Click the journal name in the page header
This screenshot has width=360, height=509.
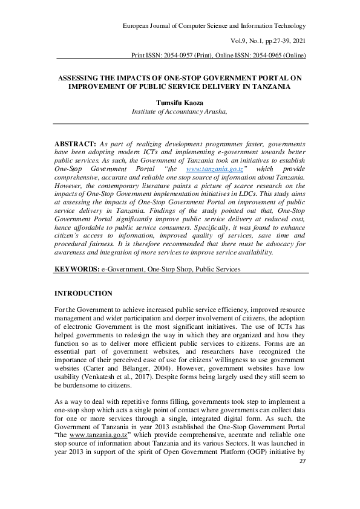(x=214, y=25)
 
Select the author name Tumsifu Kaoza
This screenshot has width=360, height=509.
(x=181, y=103)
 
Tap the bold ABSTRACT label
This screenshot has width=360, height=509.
(x=75, y=145)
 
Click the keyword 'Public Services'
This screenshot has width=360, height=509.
(x=217, y=268)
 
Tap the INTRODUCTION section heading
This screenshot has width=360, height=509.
(x=83, y=293)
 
